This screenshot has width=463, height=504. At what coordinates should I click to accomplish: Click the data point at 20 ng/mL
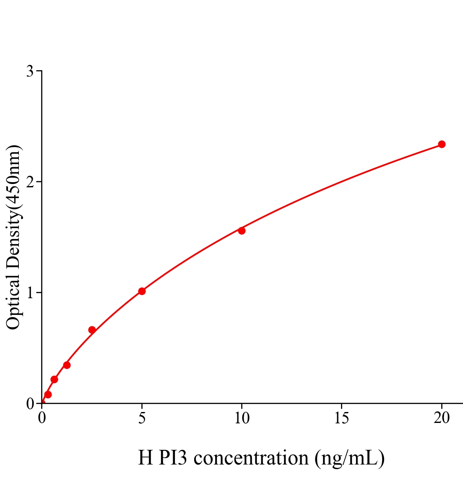tap(441, 144)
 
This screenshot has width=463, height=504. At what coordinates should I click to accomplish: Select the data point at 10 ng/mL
tap(242, 231)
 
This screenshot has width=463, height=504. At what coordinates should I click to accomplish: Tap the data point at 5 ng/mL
tap(142, 291)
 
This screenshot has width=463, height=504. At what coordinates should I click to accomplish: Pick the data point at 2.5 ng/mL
tap(92, 330)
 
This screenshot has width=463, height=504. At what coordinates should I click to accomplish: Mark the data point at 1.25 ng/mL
tap(67, 365)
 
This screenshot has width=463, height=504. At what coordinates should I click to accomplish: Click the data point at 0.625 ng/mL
tap(54, 380)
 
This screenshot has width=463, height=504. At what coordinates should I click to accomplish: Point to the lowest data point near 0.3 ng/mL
tap(48, 394)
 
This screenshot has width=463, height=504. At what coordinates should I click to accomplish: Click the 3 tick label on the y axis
tap(30, 71)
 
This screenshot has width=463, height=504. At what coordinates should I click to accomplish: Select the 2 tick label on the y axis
tap(30, 182)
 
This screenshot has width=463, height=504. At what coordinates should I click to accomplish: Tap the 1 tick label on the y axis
tap(30, 293)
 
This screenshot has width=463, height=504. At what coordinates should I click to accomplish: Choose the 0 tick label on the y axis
tap(30, 404)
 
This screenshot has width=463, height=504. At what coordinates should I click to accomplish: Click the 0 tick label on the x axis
tap(42, 418)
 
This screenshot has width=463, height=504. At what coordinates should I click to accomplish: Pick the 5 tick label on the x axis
tap(142, 418)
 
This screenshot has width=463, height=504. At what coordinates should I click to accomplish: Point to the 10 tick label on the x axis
tap(242, 418)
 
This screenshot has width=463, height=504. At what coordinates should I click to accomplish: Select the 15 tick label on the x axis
tap(341, 418)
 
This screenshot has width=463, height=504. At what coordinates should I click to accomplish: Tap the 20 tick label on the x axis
tap(441, 418)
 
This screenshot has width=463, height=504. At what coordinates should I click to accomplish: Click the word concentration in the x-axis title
tap(251, 458)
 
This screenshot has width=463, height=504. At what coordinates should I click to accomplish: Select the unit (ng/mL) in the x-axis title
tap(350, 458)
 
